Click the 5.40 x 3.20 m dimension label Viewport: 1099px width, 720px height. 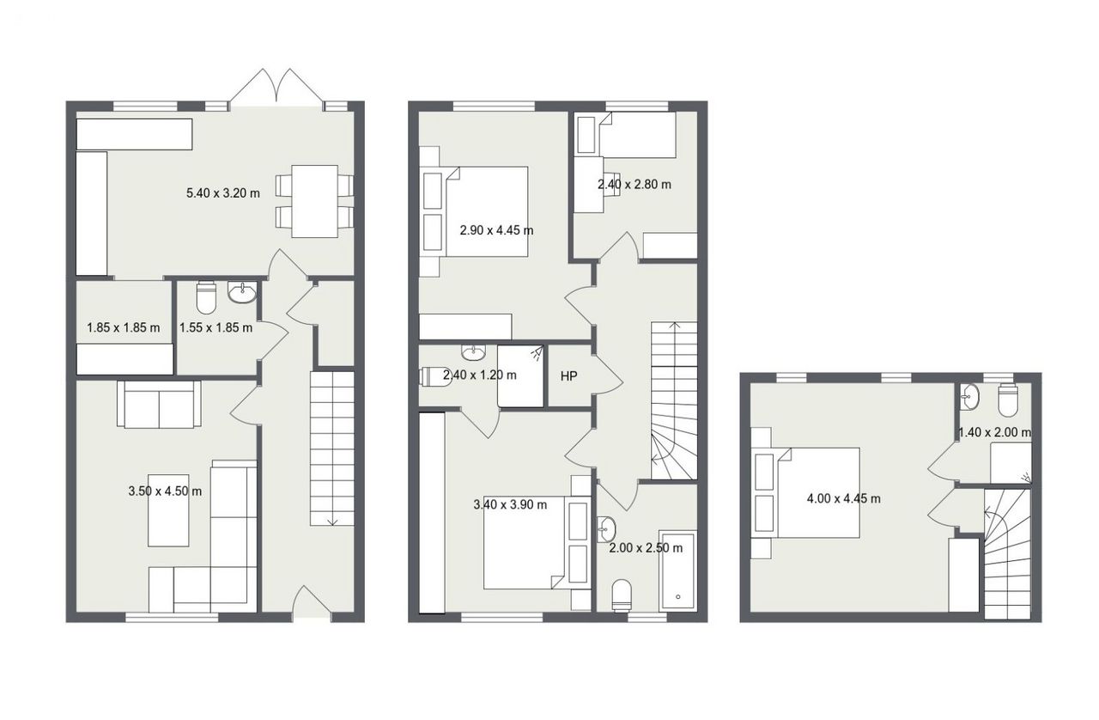coord(222,193)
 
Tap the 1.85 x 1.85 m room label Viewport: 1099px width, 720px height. coord(123,327)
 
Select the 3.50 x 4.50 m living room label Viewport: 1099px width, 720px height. coord(165,491)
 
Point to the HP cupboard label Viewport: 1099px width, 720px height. coord(568,376)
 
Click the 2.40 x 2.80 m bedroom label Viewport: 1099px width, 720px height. coord(635,185)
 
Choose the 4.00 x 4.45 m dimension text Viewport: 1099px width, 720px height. coord(843,499)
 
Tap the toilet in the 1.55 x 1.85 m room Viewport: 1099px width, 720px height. coord(206,297)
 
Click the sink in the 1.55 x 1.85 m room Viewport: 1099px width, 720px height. coord(242,292)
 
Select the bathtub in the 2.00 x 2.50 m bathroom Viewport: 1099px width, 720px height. coord(677,571)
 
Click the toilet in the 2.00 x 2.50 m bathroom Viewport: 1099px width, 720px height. coord(622,595)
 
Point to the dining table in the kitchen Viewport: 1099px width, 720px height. coord(314,201)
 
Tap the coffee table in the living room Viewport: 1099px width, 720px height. coord(168,509)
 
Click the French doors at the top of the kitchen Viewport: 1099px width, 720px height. coord(276,88)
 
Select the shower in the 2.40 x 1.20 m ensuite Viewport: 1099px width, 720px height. coord(520,376)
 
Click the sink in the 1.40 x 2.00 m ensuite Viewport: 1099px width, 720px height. coord(970,397)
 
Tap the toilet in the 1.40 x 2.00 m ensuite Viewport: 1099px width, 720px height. coord(1008,400)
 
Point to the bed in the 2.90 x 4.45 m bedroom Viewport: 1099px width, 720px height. coord(486,211)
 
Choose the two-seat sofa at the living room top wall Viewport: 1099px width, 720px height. coord(159,404)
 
